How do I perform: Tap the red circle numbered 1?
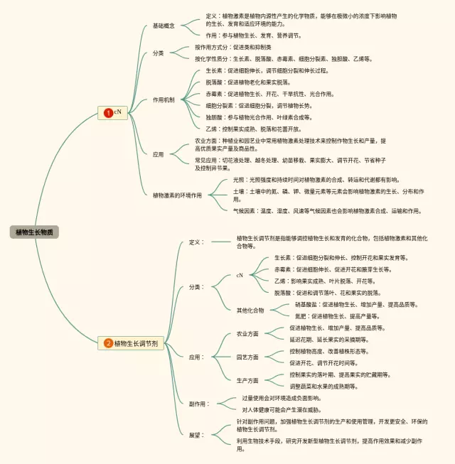(108, 112)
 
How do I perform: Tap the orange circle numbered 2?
(108, 343)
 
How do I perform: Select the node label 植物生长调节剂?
(136, 343)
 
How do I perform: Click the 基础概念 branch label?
(164, 26)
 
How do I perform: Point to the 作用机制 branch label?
(164, 99)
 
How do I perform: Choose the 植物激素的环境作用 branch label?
(177, 195)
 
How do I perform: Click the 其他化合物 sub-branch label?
(250, 310)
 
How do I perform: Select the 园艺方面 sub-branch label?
(247, 357)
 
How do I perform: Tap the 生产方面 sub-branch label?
(247, 380)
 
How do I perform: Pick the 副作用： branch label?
(199, 404)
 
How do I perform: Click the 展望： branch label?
(196, 434)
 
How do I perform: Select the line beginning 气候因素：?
(327, 211)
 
